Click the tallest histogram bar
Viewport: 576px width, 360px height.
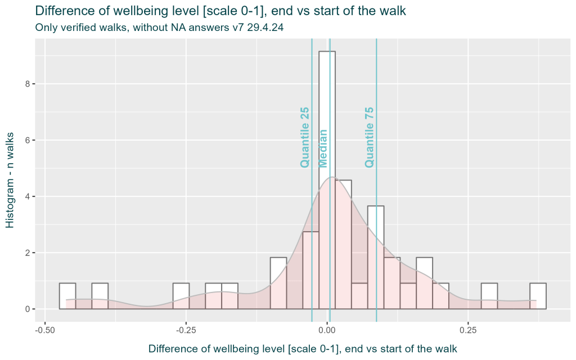327,112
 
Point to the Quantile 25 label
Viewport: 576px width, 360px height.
305,137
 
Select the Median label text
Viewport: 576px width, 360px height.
323,148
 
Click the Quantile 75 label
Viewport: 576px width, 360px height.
369,137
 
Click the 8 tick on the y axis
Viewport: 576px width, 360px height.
27,84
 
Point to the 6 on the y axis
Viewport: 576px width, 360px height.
27,140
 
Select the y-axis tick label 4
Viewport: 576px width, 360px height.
27,196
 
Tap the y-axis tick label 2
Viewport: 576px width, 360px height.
27,253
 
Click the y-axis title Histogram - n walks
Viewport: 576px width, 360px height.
10,179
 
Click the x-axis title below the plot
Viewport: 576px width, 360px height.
303,349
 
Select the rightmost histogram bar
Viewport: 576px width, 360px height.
538,296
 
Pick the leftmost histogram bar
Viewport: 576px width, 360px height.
67,296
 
